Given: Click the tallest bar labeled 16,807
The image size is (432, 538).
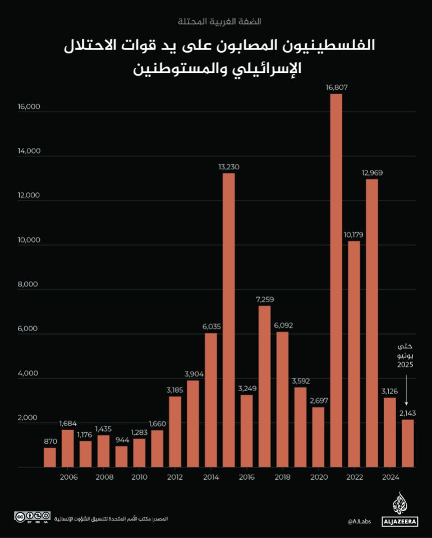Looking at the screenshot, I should (336, 280).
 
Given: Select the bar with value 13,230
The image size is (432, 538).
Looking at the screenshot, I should (228, 320).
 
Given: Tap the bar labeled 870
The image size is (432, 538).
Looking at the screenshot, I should (49, 457).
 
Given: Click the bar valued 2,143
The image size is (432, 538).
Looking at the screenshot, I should (408, 443).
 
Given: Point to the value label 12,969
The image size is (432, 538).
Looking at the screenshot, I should (372, 173).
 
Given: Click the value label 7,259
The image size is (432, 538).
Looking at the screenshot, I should (264, 300).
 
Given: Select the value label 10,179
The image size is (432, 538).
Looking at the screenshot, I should (354, 234).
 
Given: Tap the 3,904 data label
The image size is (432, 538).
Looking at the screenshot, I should (192, 374).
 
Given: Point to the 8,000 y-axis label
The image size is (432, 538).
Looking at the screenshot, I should (28, 285).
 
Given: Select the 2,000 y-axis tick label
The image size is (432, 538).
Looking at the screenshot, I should (28, 418).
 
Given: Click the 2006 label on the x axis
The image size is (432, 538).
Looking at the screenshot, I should (68, 477).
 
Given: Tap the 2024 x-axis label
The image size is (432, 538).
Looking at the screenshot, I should (390, 477).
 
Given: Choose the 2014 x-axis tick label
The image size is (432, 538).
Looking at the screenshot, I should (211, 477).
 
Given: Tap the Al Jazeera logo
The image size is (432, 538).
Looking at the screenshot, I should (399, 509).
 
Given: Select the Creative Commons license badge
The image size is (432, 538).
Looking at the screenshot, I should (33, 517).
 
